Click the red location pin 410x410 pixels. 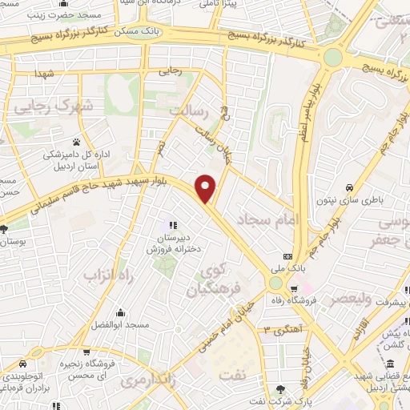click(207, 188)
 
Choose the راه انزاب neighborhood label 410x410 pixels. click(107, 275)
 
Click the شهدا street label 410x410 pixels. click(45, 74)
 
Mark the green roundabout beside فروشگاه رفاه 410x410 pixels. click(276, 283)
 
